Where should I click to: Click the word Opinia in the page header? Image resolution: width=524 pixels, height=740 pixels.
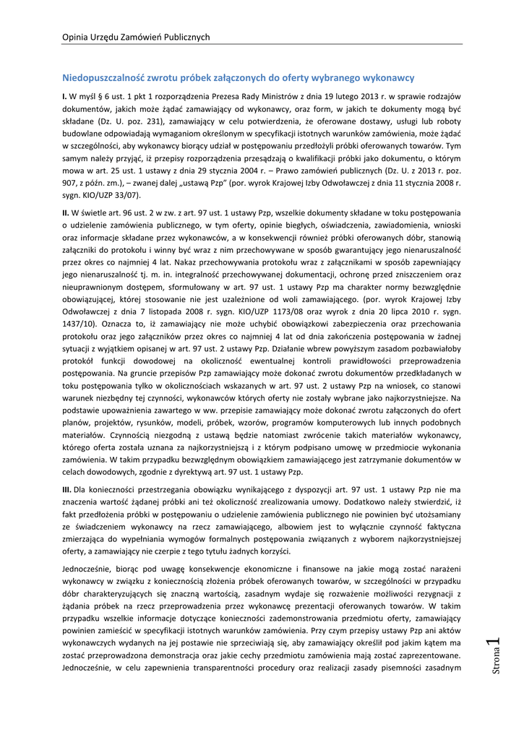pos(76,37)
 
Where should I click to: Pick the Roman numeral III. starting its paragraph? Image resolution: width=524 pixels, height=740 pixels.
pos(66,490)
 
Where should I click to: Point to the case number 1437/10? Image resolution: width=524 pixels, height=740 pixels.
pos(80,336)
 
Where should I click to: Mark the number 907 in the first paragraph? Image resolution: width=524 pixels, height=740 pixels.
pos(71,183)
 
